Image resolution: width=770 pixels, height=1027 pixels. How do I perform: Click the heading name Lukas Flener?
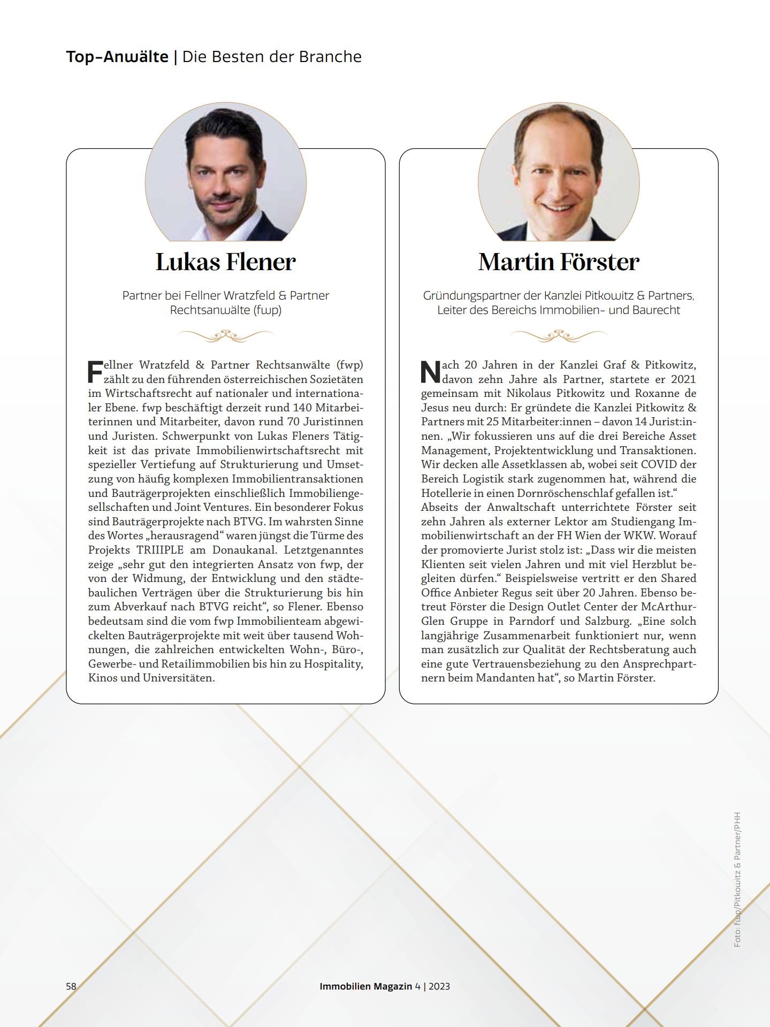point(225,262)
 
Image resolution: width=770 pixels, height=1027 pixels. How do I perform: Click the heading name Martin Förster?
point(559,262)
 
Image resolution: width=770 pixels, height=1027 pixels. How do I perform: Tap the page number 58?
point(71,986)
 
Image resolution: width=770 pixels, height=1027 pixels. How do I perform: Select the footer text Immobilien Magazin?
point(366,986)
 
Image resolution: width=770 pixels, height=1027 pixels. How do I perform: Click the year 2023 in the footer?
point(439,986)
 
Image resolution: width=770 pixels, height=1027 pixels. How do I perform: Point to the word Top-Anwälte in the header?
point(117,57)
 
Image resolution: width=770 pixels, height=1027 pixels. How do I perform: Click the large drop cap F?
point(95,372)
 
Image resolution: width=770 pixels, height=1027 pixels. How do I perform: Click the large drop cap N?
point(430,372)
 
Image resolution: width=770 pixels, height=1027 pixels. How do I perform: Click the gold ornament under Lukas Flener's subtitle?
point(225,335)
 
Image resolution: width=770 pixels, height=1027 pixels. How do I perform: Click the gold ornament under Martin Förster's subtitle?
point(559,335)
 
